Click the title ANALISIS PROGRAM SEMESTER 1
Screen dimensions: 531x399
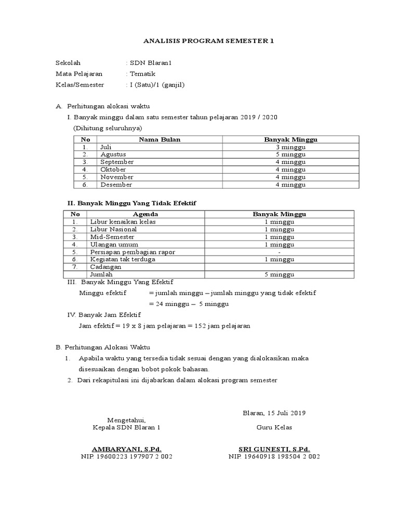(200, 41)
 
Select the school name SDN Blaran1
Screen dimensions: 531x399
(150, 63)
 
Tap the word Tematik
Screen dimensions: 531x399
(143, 74)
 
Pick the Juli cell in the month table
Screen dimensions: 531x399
(106, 147)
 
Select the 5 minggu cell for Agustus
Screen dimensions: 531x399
(290, 155)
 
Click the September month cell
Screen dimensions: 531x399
(117, 162)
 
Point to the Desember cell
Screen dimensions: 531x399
(116, 185)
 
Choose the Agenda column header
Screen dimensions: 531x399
(145, 214)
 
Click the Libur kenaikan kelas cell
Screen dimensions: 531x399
(123, 222)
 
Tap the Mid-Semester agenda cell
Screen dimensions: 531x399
(112, 237)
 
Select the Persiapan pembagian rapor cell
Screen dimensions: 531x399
(132, 252)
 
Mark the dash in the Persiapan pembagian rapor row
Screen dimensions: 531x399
(279, 252)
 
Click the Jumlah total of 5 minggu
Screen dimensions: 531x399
(279, 274)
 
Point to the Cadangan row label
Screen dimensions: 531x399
(105, 267)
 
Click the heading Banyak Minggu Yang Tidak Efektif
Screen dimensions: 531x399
(136, 202)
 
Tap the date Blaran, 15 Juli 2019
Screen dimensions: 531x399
(274, 413)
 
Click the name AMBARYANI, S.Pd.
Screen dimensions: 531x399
(126, 449)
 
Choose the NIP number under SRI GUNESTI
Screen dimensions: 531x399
(274, 457)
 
